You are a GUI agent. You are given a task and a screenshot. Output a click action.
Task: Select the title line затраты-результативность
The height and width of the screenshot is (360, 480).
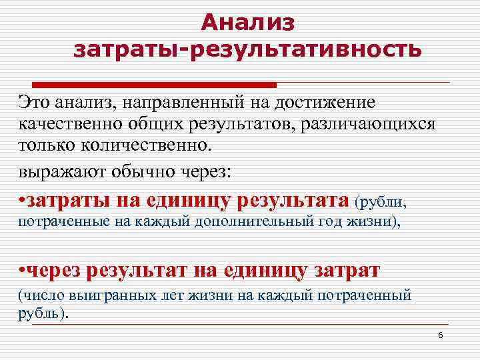tap(247, 49)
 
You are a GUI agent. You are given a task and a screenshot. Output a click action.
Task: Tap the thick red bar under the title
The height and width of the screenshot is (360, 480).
tap(147, 85)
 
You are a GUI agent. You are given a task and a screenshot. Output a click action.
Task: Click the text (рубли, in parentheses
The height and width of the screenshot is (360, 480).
tap(381, 201)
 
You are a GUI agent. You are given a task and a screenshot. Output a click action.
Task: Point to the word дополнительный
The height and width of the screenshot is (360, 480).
tap(249, 221)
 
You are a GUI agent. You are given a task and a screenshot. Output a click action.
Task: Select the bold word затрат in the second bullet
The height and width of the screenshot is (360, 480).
tap(357, 270)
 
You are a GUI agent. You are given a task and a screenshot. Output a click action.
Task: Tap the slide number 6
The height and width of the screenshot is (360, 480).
tap(441, 334)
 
